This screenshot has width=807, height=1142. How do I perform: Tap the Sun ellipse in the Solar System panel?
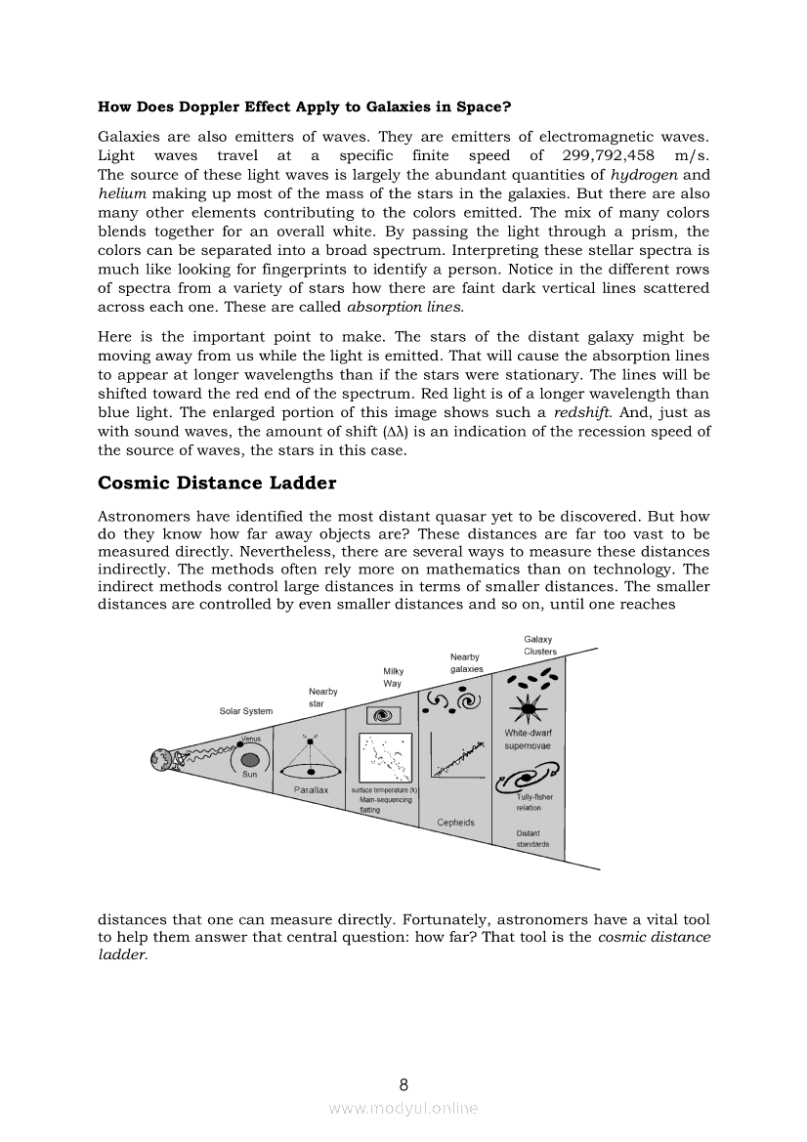coord(249,760)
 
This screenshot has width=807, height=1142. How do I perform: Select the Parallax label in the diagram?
coord(312,788)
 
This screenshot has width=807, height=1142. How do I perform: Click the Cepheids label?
coord(456,822)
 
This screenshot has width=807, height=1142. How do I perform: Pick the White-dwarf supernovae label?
coord(528,739)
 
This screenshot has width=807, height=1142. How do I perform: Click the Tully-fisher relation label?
coord(533,802)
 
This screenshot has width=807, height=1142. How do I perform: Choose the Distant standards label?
coord(532,838)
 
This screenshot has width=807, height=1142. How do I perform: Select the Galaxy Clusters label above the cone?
coord(539,646)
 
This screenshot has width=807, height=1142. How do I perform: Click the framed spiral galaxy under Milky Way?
coord(384,715)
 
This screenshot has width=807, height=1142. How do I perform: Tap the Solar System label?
coord(246,711)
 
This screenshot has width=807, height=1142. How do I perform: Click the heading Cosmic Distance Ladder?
coord(217,483)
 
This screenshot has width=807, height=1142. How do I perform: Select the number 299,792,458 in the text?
coord(609,155)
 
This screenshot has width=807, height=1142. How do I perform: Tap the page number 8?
coord(403,1083)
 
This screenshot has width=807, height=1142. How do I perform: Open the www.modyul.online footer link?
coord(403,1108)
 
